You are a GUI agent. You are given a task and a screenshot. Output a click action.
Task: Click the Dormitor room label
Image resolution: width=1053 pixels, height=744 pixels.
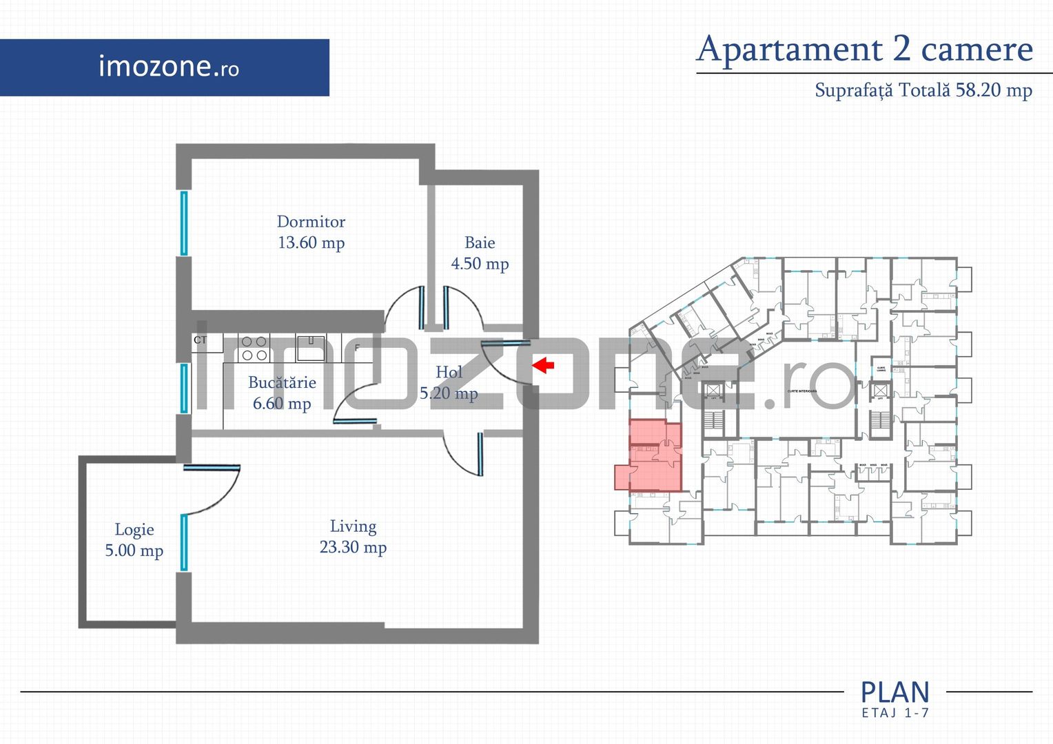tap(311, 222)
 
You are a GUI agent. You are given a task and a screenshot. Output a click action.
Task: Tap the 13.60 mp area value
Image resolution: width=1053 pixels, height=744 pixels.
tap(311, 242)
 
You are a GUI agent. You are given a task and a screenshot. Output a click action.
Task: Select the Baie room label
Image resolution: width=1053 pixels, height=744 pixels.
tap(480, 242)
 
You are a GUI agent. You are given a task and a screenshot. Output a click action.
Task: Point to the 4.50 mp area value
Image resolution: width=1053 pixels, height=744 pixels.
tap(480, 264)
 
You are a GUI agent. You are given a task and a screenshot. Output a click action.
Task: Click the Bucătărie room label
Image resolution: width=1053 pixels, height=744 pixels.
tap(282, 382)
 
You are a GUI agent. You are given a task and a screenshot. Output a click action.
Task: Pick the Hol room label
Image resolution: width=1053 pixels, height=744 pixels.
tap(449, 372)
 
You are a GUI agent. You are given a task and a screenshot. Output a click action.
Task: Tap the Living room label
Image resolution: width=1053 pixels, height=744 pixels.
tap(353, 526)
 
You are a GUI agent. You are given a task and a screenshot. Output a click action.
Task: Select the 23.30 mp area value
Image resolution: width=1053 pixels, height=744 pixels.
tap(353, 548)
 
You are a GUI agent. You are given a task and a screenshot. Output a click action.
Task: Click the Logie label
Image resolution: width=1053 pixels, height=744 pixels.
tap(134, 530)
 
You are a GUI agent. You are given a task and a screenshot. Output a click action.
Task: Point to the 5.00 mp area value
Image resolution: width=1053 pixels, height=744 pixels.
tap(134, 551)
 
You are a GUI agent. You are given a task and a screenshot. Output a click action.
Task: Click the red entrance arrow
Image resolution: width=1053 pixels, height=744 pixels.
tap(544, 364)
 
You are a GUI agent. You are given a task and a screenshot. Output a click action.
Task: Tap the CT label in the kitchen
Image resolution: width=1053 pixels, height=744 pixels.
tap(200, 340)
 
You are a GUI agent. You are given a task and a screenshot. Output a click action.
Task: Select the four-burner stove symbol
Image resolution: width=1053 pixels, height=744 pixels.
tap(254, 349)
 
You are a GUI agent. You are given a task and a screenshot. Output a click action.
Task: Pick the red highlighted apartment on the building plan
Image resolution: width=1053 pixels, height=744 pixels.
tap(651, 458)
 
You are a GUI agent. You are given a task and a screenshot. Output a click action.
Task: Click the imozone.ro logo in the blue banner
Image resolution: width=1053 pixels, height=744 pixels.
tap(168, 67)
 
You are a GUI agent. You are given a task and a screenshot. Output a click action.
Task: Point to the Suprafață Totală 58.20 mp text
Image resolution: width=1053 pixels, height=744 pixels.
tap(923, 90)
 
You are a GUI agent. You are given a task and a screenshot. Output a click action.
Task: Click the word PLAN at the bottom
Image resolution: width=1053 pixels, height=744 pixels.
tap(894, 692)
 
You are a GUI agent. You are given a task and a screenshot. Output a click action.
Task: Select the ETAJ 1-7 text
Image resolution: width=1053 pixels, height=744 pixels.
tap(894, 713)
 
